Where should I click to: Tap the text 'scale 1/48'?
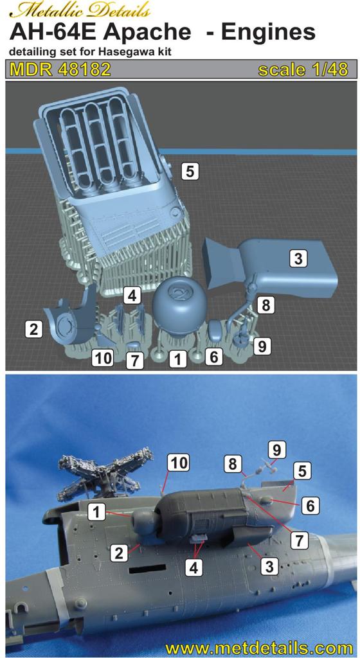point(303,69)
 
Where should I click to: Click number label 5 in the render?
point(190,171)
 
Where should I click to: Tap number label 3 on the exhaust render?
point(298,258)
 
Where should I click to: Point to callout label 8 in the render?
point(265,305)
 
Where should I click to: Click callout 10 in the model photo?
point(177,463)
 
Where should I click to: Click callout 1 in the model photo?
point(97,512)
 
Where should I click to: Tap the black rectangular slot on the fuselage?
point(146,569)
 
